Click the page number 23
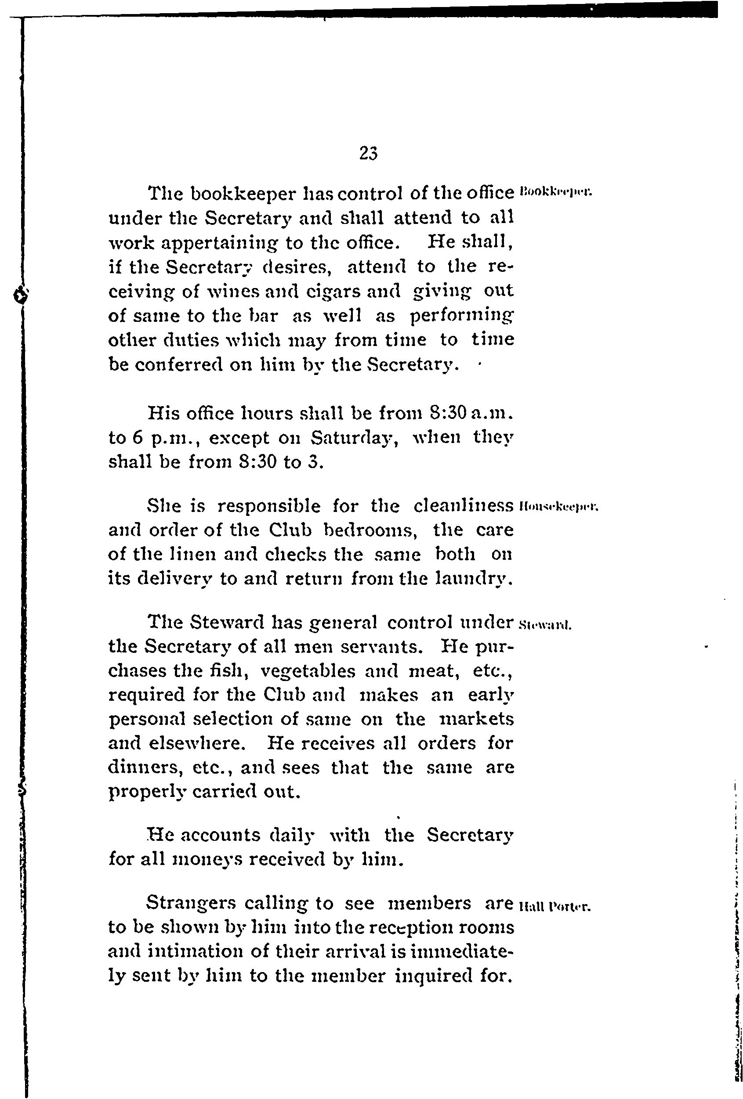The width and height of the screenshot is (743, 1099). pos(368,153)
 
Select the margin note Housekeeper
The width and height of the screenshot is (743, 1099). pos(559,508)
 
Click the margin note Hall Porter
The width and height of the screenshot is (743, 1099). pos(555,907)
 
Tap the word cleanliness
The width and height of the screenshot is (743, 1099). pos(463,506)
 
